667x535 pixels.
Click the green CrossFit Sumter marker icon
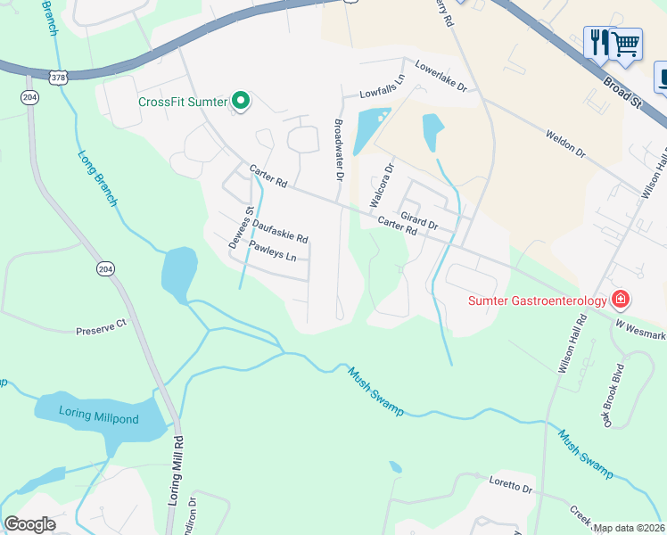[x=240, y=102]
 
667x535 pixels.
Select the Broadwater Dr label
[x=338, y=149]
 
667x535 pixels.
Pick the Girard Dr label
[x=419, y=219]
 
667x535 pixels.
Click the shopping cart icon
[x=625, y=42]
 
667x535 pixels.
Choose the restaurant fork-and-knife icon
[x=597, y=42]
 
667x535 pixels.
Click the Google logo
[x=29, y=523]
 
